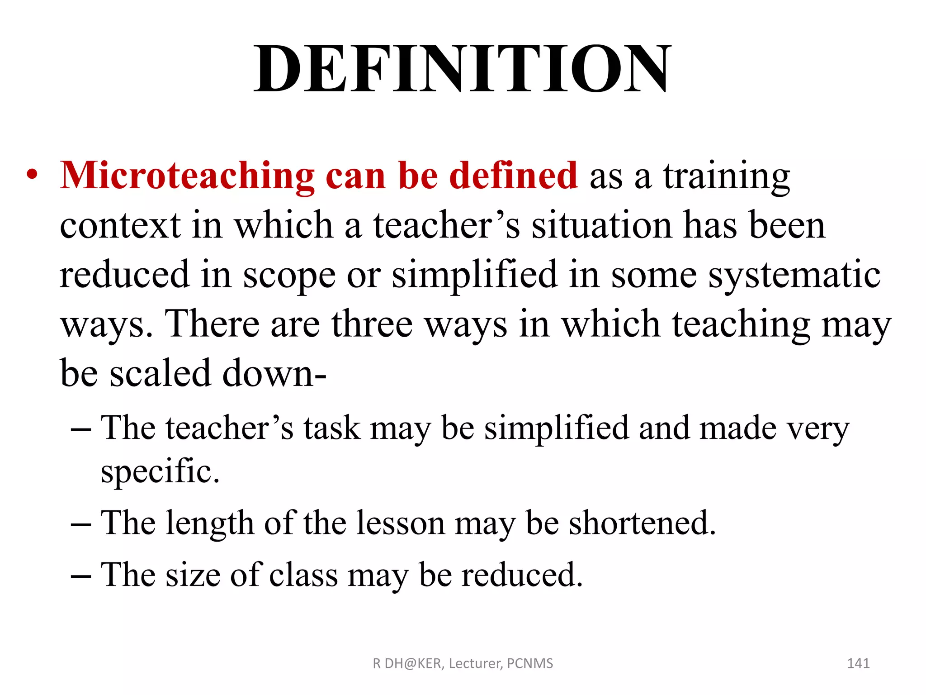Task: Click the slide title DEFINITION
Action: (x=462, y=69)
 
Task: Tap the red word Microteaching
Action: (x=187, y=176)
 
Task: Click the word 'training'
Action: (x=727, y=177)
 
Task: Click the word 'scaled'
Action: (x=161, y=374)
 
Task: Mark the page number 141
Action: (x=858, y=663)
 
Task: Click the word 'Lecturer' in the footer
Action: (x=475, y=663)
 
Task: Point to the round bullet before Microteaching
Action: (x=32, y=176)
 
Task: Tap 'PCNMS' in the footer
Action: (x=530, y=663)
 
